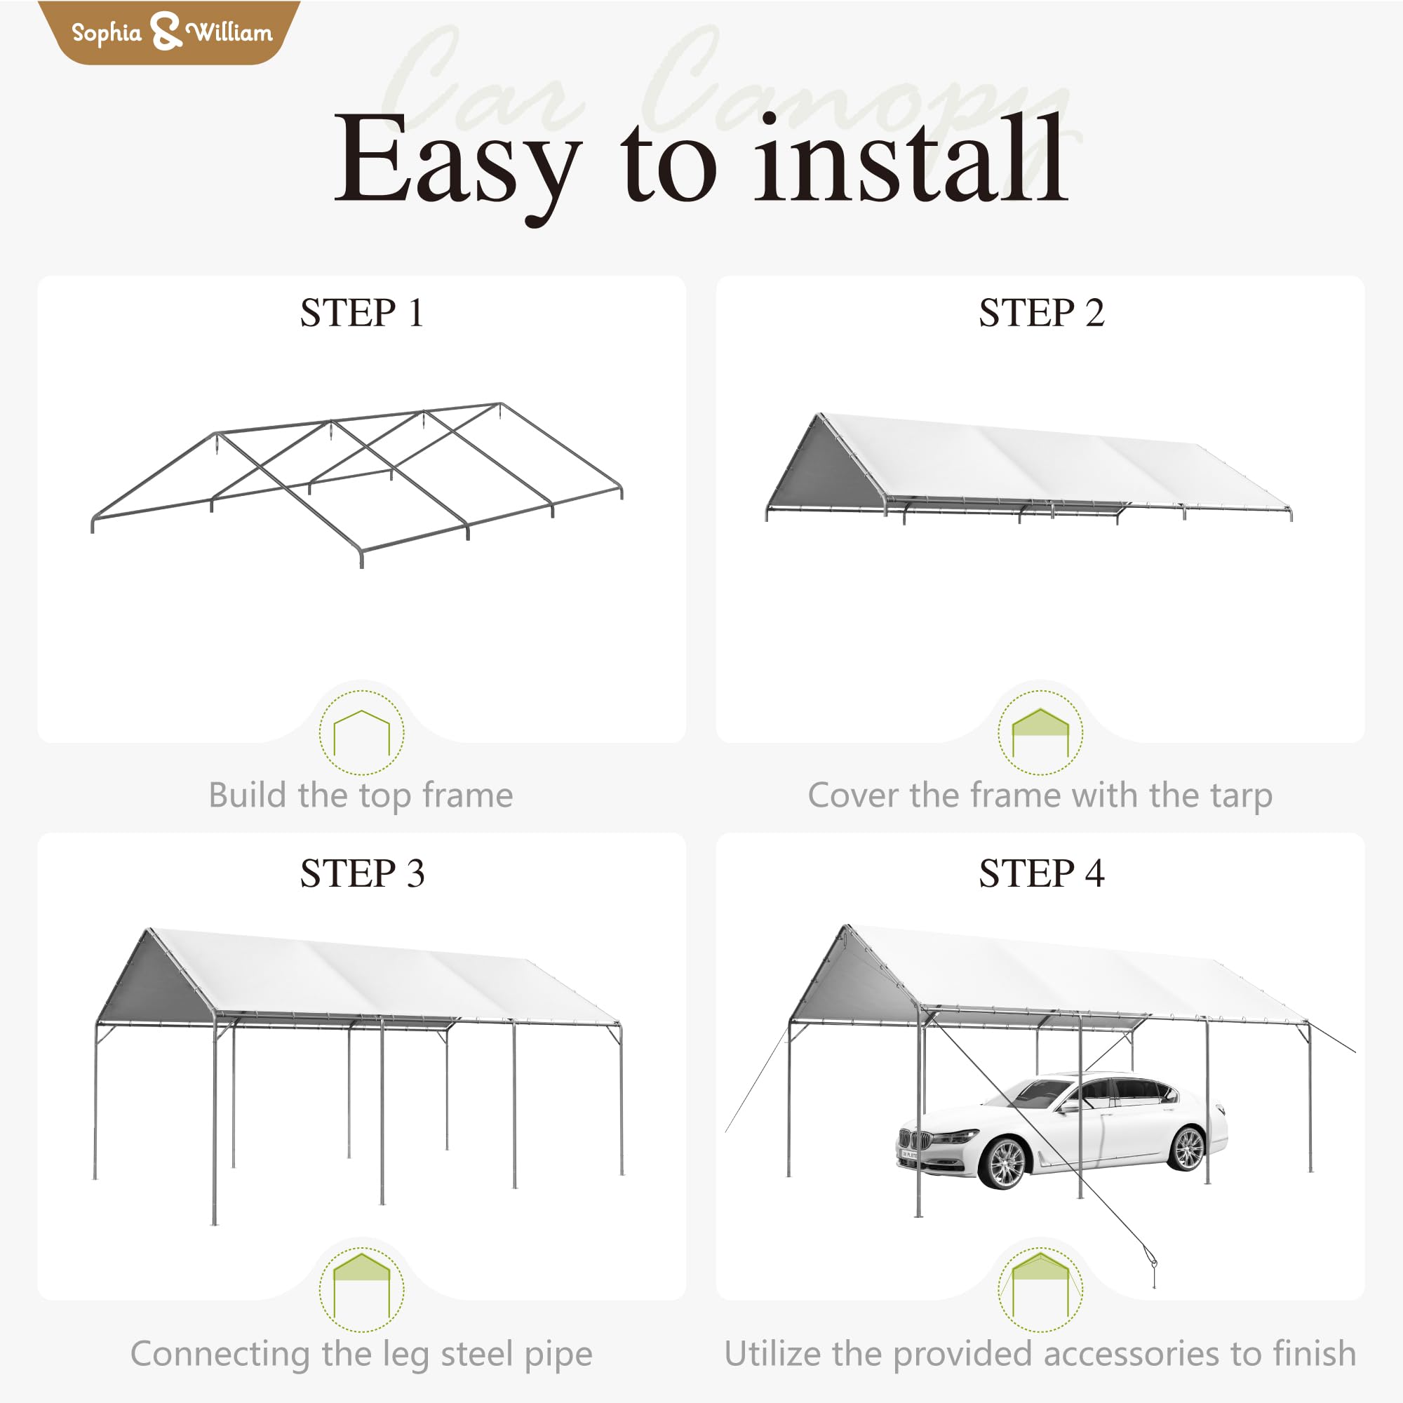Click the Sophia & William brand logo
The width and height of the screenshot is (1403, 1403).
tap(168, 32)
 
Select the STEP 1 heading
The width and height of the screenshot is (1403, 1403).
tap(362, 313)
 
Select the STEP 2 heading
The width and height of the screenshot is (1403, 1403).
tap(1040, 313)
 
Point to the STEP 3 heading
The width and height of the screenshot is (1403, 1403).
tap(362, 873)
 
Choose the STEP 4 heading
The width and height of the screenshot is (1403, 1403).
tap(1040, 873)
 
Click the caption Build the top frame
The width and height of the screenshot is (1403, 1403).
tap(361, 796)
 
